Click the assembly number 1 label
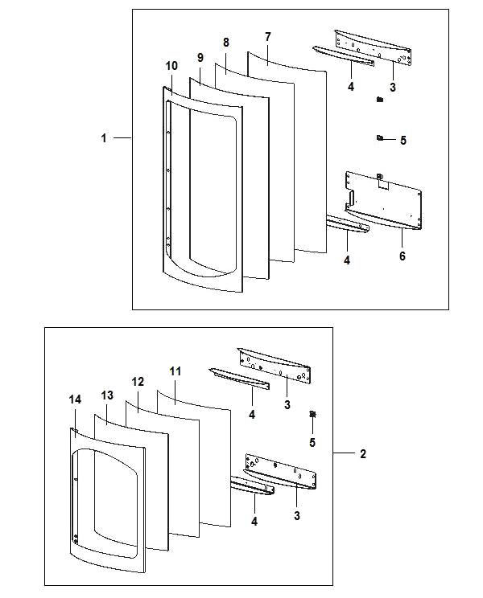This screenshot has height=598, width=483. (104, 138)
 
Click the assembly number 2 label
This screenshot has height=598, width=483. (363, 454)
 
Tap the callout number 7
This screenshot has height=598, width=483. (267, 37)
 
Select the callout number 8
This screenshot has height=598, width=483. (225, 42)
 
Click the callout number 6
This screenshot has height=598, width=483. (402, 256)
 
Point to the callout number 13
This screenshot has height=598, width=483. (107, 396)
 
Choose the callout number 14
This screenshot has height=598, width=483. (76, 399)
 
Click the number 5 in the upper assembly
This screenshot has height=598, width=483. (402, 140)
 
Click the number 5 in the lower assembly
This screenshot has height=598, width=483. (312, 442)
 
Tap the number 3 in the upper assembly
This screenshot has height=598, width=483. (393, 86)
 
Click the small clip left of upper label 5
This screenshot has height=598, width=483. (378, 138)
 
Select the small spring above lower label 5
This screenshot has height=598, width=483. (312, 415)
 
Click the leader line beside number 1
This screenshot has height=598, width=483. (122, 138)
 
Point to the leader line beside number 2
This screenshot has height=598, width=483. (344, 454)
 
